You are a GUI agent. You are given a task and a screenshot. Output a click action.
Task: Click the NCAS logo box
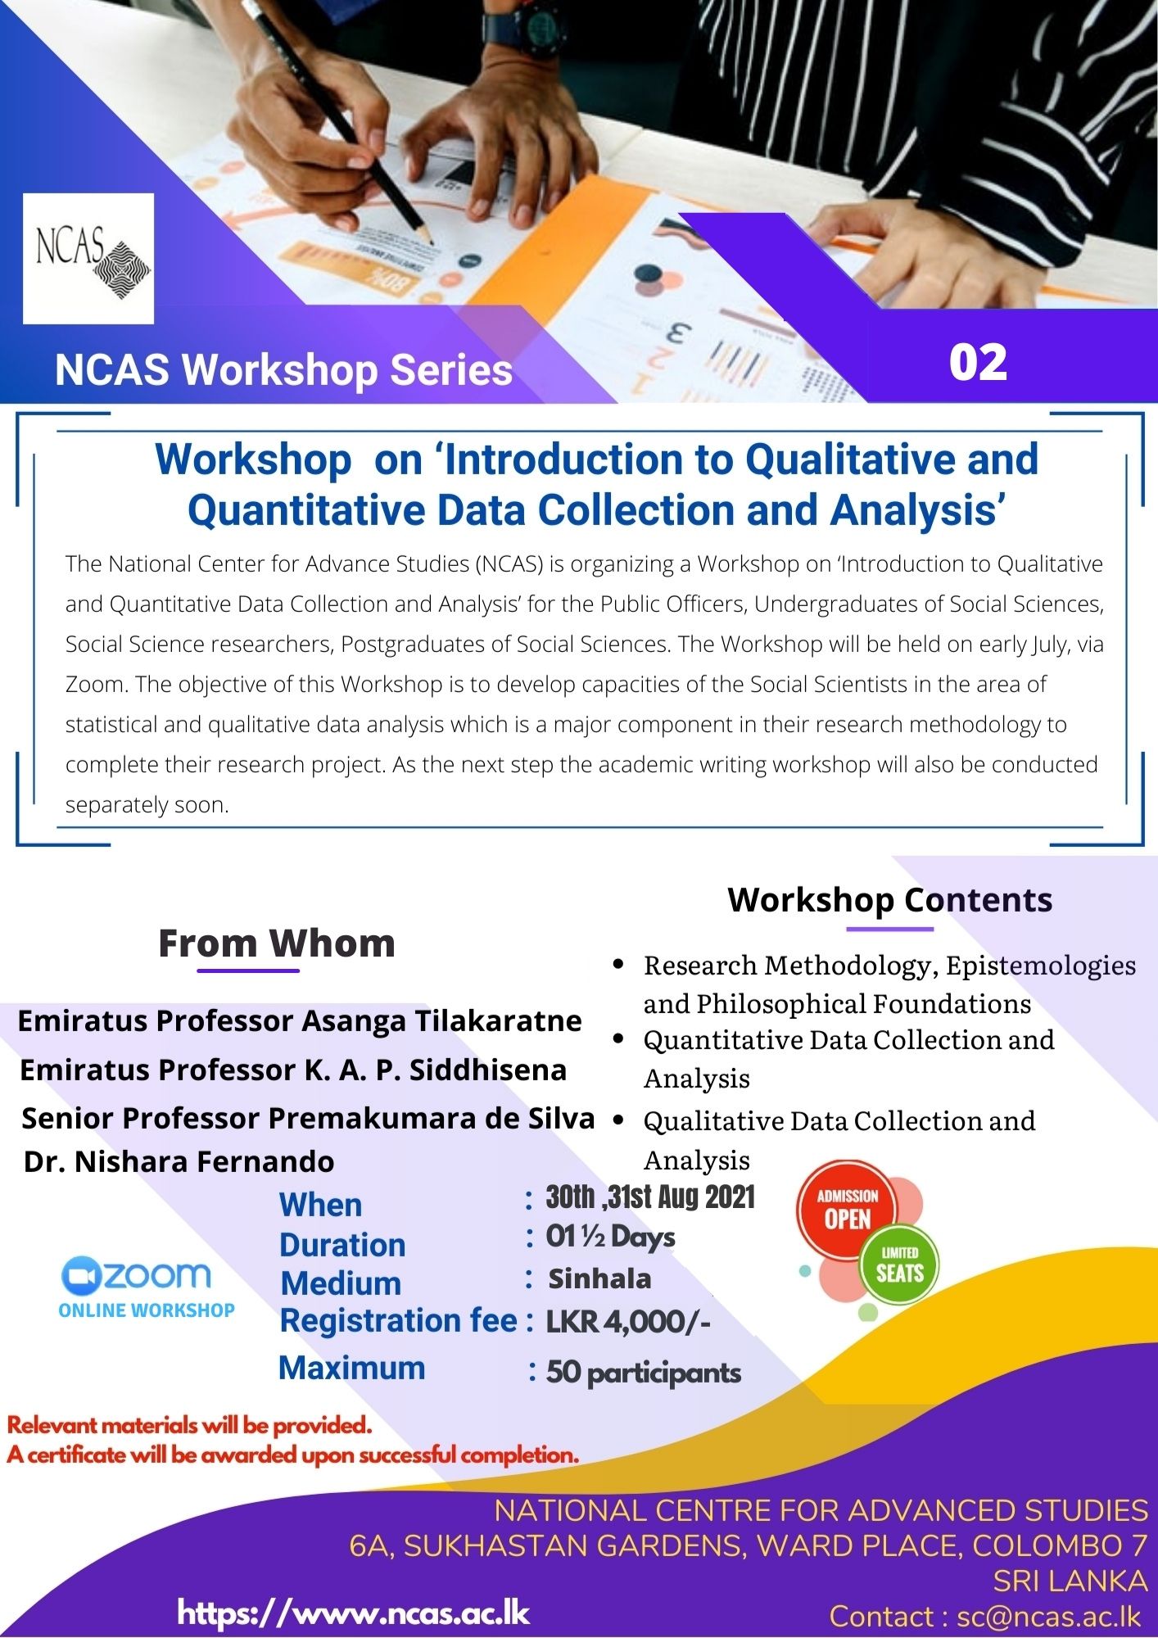[88, 258]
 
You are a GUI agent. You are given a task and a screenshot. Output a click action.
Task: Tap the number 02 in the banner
[978, 362]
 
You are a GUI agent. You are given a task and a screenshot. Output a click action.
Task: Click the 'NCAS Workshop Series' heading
[283, 369]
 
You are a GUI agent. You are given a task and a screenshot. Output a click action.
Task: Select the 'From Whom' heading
[277, 943]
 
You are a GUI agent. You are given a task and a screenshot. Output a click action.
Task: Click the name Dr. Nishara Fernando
[179, 1161]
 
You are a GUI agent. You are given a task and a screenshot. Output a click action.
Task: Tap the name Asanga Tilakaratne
[441, 1020]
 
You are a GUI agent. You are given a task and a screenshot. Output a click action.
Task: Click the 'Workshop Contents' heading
[889, 899]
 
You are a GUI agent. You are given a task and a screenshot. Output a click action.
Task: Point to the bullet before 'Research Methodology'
[619, 964]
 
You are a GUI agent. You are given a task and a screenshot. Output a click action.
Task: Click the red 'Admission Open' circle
[847, 1210]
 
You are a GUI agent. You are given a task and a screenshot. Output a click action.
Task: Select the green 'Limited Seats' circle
[899, 1265]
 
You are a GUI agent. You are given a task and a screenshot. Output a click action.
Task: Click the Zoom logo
[138, 1274]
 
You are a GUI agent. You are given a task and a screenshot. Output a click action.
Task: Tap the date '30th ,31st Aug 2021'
[650, 1197]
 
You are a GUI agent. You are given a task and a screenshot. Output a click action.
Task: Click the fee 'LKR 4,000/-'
[628, 1321]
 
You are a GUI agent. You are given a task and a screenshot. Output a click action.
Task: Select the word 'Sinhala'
[599, 1278]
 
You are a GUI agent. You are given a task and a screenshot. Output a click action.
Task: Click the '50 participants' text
[644, 1372]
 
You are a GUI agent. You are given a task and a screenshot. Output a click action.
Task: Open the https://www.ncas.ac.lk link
[354, 1613]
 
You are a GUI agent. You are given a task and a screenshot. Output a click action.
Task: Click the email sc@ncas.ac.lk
[1048, 1616]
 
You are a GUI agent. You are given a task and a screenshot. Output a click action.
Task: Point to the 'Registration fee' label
[398, 1320]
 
